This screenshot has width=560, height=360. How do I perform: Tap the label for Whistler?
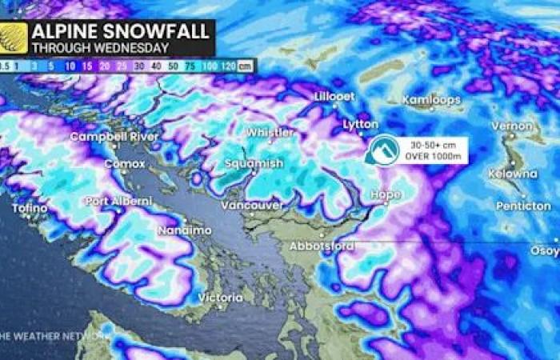tap(270, 132)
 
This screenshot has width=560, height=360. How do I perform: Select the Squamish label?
tap(254, 163)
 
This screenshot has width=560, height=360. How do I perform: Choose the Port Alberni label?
tap(118, 201)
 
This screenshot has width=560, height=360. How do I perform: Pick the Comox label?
tap(123, 164)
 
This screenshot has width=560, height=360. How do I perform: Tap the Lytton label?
tap(360, 126)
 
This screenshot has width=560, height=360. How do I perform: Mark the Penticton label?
tap(522, 206)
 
